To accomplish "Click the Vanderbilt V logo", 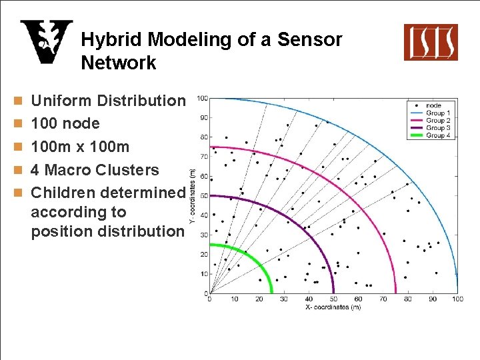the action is [x=46, y=42].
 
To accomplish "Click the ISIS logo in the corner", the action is [x=431, y=42].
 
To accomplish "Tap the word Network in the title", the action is [x=119, y=63].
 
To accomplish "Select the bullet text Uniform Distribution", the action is [x=109, y=101].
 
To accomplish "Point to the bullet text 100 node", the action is [x=65, y=123].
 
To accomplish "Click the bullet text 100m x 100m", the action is [x=81, y=147].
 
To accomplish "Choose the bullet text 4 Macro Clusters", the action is [x=95, y=170].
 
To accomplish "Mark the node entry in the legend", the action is [x=434, y=106].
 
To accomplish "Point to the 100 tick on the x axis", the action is [x=457, y=299].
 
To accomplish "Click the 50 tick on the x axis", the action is [x=333, y=299].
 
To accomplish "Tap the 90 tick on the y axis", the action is [x=203, y=118].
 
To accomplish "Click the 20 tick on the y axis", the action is [x=203, y=254].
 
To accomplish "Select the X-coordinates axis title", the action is [x=333, y=307].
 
